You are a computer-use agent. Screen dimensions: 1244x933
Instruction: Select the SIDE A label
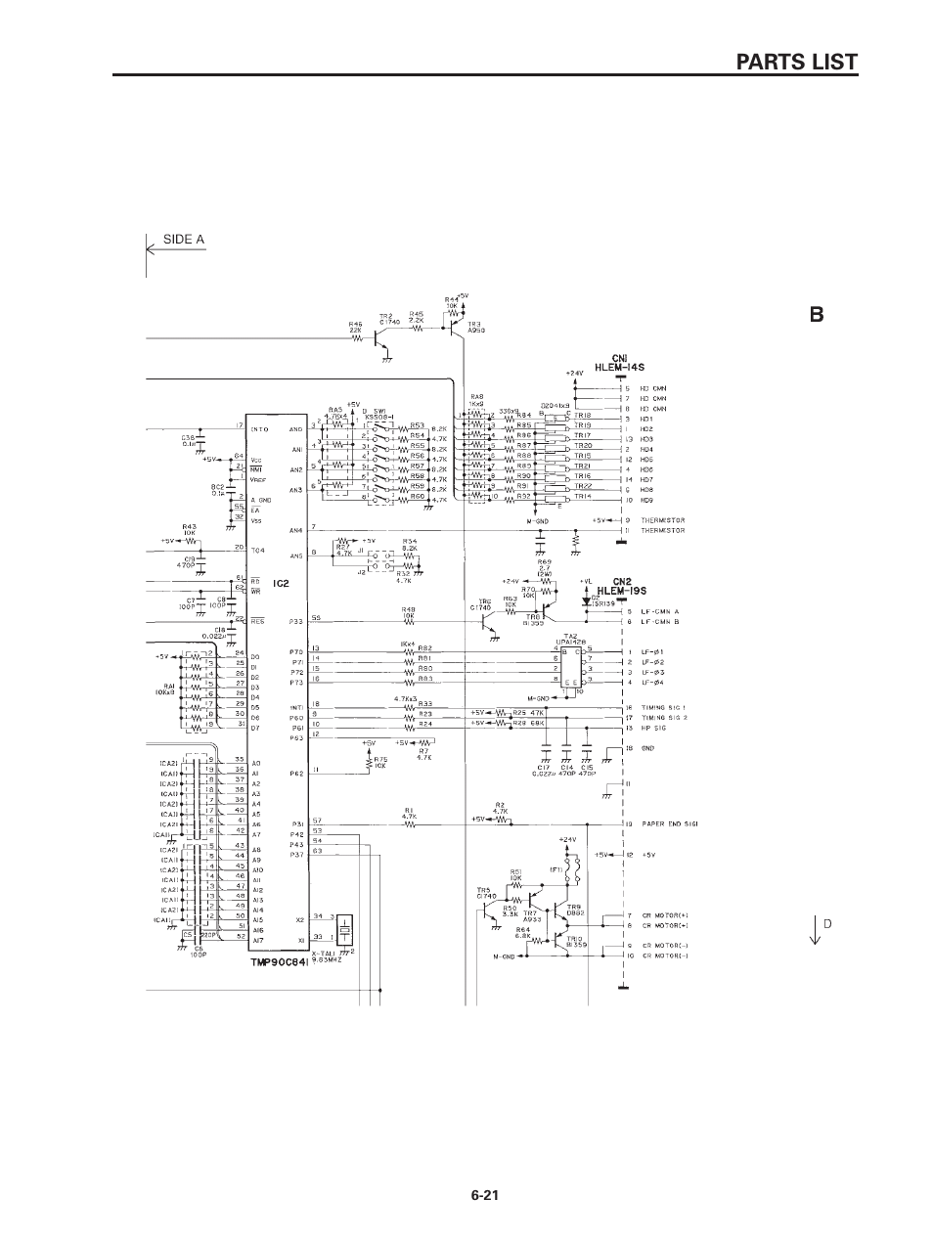(183, 239)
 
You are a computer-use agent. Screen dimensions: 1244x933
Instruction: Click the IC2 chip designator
(282, 584)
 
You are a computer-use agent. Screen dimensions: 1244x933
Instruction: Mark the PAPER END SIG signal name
(669, 823)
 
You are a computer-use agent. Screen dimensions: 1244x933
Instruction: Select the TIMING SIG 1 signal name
(664, 707)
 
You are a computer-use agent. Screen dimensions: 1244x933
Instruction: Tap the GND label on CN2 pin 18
(646, 748)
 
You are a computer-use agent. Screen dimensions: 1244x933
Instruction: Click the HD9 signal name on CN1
(645, 500)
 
